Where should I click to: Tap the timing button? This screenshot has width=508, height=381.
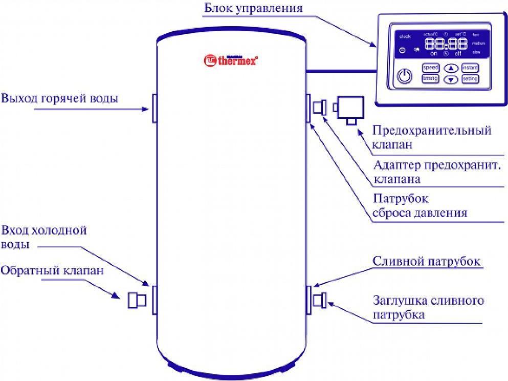[430, 79]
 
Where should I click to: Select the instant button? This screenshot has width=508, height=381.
[470, 68]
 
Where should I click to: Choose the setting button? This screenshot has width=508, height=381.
[470, 79]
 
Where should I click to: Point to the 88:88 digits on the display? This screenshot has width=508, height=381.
[441, 44]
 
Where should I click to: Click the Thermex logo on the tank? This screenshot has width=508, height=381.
[231, 60]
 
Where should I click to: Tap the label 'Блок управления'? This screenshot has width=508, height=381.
[253, 9]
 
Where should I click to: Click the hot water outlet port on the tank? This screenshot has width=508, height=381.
[153, 108]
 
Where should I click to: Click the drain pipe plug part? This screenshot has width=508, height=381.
[321, 300]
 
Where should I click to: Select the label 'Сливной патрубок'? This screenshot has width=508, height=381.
[426, 262]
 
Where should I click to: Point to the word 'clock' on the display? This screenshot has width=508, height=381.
[405, 36]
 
